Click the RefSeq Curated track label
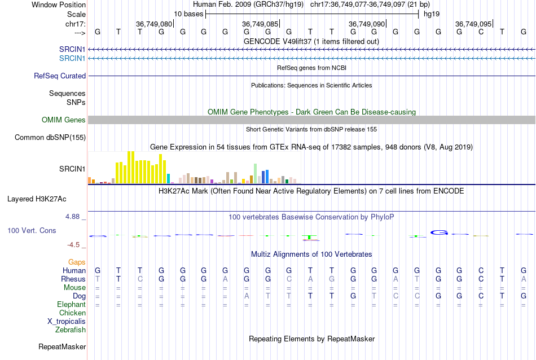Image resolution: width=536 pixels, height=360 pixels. (x=60, y=76)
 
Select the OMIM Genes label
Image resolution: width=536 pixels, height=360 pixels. (x=63, y=120)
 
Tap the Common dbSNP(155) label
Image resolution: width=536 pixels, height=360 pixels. (x=50, y=137)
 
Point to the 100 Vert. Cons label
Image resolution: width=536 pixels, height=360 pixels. (x=32, y=230)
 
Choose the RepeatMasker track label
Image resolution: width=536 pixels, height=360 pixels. (x=62, y=346)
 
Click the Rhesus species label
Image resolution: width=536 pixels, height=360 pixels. (x=73, y=279)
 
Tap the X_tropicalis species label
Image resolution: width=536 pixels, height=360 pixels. (x=67, y=321)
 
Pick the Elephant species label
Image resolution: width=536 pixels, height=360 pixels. (x=71, y=304)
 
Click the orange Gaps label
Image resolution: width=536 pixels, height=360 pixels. (x=77, y=262)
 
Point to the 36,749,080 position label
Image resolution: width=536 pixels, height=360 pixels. (x=153, y=24)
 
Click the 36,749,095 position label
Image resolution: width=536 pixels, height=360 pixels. (x=473, y=24)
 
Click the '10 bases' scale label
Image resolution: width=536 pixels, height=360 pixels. (x=188, y=13)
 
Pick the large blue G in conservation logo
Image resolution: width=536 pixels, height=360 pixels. (x=439, y=232)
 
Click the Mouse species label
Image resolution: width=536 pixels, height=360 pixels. (x=74, y=287)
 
